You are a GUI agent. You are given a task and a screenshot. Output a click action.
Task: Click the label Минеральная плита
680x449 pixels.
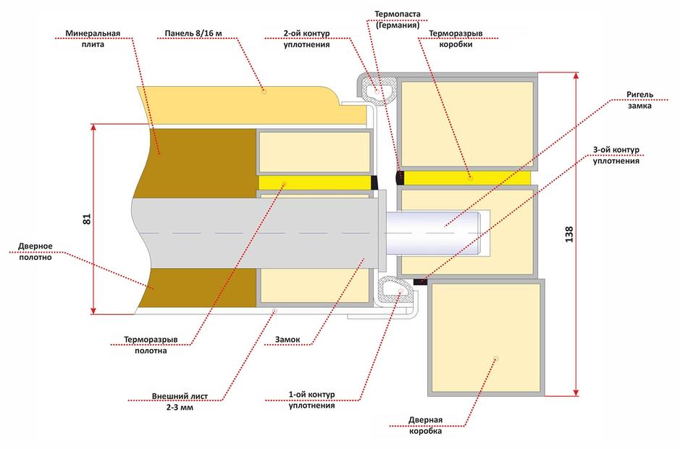93,38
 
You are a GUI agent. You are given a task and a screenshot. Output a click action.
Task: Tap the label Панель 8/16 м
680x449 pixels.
193,33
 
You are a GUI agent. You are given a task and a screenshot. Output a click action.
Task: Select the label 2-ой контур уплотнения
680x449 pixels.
306,38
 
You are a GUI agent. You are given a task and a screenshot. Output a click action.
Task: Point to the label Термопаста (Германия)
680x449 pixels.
398,20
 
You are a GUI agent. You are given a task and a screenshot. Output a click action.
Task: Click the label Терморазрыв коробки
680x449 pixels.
456,38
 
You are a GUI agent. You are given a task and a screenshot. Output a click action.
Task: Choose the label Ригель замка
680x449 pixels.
639,100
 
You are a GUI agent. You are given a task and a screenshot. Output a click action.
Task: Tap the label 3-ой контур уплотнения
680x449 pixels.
616,155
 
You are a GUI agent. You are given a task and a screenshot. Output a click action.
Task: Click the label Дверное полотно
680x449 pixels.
35,251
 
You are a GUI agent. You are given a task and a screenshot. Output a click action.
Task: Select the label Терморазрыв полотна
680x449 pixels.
151,345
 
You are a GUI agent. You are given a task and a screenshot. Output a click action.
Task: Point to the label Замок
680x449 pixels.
287,340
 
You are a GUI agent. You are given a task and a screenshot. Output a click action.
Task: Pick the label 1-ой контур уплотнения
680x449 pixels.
312,400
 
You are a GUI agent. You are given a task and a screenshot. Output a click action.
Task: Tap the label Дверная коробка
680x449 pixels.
425,425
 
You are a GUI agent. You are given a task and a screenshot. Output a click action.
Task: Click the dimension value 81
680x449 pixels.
87,219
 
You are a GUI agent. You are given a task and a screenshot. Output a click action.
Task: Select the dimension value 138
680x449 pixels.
569,234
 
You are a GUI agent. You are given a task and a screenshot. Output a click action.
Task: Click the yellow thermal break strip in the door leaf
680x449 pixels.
315,182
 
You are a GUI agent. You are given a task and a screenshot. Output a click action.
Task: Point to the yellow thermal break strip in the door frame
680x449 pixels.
467,178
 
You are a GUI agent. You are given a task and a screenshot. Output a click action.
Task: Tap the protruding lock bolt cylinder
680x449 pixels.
434,232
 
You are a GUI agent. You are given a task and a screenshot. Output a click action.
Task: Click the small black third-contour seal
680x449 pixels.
420,282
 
